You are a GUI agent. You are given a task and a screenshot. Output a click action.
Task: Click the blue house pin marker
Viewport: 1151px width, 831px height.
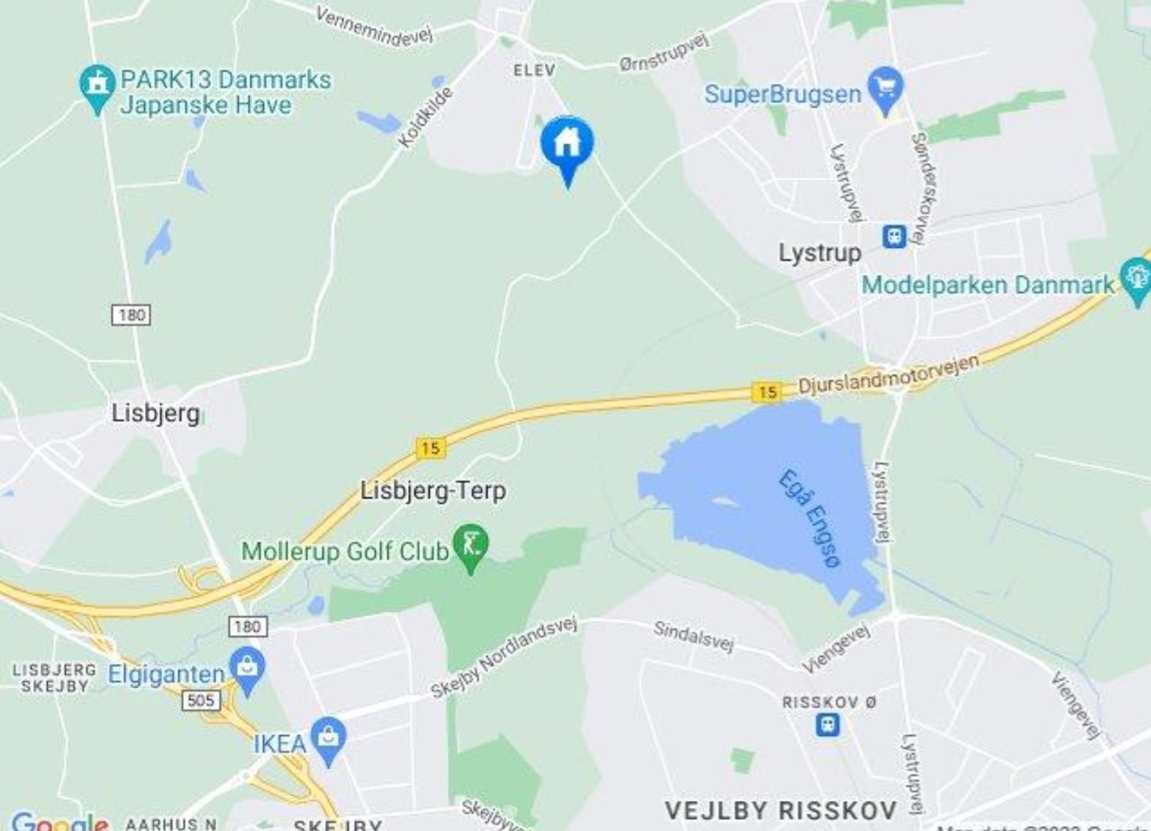coord(567,144)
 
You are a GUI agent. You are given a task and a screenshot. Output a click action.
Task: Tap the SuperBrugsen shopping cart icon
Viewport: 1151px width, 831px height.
coord(886,87)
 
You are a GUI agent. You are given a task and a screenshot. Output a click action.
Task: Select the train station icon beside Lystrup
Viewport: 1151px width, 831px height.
coord(894,237)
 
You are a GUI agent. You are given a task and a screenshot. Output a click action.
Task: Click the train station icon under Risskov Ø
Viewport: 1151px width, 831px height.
coord(828,725)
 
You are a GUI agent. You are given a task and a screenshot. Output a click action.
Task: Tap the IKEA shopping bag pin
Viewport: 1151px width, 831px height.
coord(328,737)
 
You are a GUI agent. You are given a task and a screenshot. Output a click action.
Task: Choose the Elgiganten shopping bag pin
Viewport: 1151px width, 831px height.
coord(247,668)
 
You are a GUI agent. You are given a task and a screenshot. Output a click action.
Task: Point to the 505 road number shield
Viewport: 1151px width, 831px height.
coord(201,700)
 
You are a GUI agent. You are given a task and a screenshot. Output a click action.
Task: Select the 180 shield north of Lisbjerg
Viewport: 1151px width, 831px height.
coord(131,315)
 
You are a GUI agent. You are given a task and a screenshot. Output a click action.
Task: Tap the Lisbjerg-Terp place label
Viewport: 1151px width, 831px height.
coord(433,491)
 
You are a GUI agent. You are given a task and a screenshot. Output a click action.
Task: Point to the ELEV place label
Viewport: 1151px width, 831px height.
coord(535,71)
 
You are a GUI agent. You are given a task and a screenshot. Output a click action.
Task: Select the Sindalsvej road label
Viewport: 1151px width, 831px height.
coord(693,637)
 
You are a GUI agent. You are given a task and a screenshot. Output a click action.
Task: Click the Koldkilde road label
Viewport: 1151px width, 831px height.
coord(425,117)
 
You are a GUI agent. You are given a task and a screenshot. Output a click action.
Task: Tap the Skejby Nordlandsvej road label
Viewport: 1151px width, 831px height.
coord(504,658)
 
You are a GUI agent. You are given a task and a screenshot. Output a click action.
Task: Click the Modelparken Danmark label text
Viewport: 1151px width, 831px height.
coord(988,285)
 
